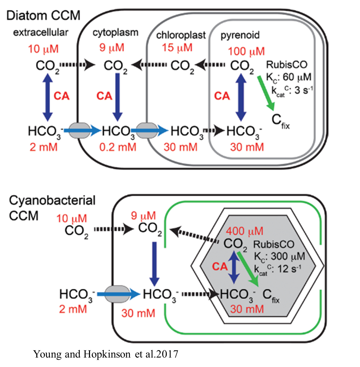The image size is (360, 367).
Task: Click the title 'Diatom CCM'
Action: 44,15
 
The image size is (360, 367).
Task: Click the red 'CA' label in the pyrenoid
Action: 222,96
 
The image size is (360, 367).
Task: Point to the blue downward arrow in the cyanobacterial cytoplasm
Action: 154,263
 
